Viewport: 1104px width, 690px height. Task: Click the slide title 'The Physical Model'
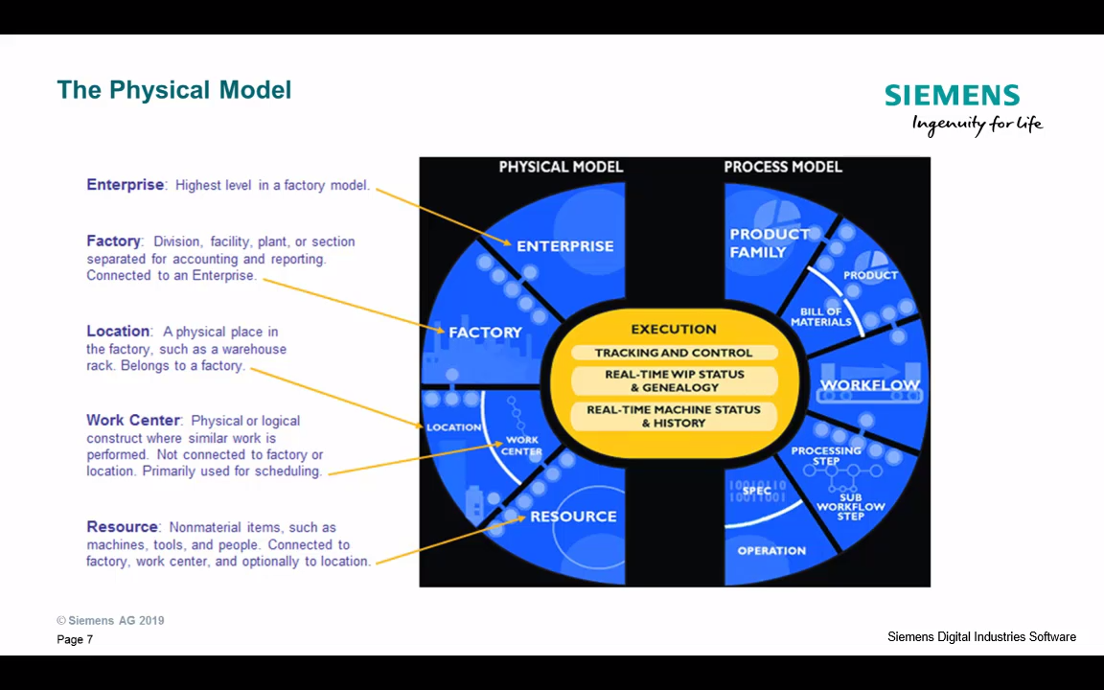[x=173, y=90]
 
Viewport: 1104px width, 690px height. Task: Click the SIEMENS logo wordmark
[x=952, y=96]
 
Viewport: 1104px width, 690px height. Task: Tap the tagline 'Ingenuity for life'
[x=977, y=124]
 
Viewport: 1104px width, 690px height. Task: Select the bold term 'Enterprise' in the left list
[x=126, y=185]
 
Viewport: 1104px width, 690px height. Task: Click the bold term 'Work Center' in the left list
[x=133, y=421]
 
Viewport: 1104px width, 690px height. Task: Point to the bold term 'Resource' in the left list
[x=123, y=527]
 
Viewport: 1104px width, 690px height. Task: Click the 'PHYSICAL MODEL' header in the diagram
[x=561, y=167]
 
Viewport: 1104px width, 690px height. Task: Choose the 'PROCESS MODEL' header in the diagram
[x=783, y=167]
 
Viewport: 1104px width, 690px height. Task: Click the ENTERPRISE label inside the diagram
[x=564, y=246]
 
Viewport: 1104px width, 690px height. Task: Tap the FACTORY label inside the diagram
[x=485, y=333]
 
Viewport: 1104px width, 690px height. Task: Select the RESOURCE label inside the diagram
[x=573, y=517]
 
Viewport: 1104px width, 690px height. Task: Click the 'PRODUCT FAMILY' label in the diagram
[x=769, y=243]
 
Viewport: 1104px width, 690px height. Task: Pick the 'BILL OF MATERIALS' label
[x=820, y=317]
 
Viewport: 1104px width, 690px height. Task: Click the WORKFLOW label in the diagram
[x=869, y=385]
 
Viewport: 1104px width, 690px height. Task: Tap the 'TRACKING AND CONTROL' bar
[x=674, y=353]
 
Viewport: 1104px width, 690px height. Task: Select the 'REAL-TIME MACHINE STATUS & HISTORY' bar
[x=674, y=416]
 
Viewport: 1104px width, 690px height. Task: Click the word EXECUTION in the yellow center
[x=674, y=330]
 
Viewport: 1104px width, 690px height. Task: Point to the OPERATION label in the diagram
[x=771, y=551]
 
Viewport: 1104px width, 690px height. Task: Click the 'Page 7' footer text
[x=75, y=639]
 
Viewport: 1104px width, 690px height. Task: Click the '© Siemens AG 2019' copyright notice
[x=110, y=620]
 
